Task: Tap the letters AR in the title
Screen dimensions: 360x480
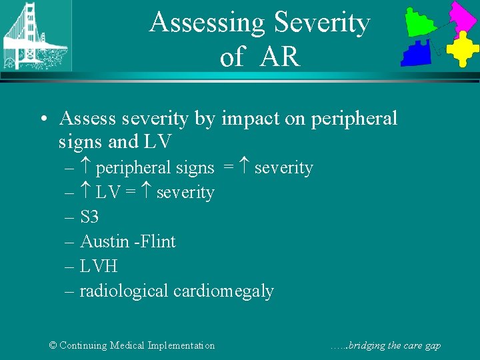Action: pyautogui.click(x=279, y=57)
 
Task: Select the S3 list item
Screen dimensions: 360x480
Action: pyautogui.click(x=89, y=217)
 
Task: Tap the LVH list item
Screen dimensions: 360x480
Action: pyautogui.click(x=98, y=266)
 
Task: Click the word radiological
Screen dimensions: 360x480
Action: pyautogui.click(x=124, y=291)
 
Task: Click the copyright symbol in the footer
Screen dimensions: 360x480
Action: pyautogui.click(x=53, y=345)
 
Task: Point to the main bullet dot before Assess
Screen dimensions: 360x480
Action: pyautogui.click(x=43, y=119)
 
